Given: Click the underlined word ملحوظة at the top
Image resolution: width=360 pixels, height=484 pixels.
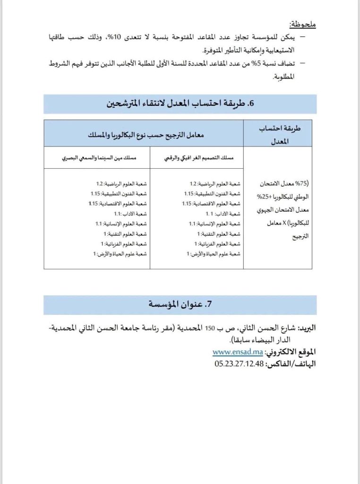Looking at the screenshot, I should pyautogui.click(x=302, y=23).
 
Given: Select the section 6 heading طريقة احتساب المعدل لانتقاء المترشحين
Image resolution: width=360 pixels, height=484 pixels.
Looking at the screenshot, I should pyautogui.click(x=180, y=104).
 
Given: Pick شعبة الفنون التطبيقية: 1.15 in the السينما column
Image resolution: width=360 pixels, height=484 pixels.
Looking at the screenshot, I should pyautogui.click(x=119, y=193).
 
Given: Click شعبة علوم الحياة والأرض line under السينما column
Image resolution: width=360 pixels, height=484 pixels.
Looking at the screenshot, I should pyautogui.click(x=120, y=254).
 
